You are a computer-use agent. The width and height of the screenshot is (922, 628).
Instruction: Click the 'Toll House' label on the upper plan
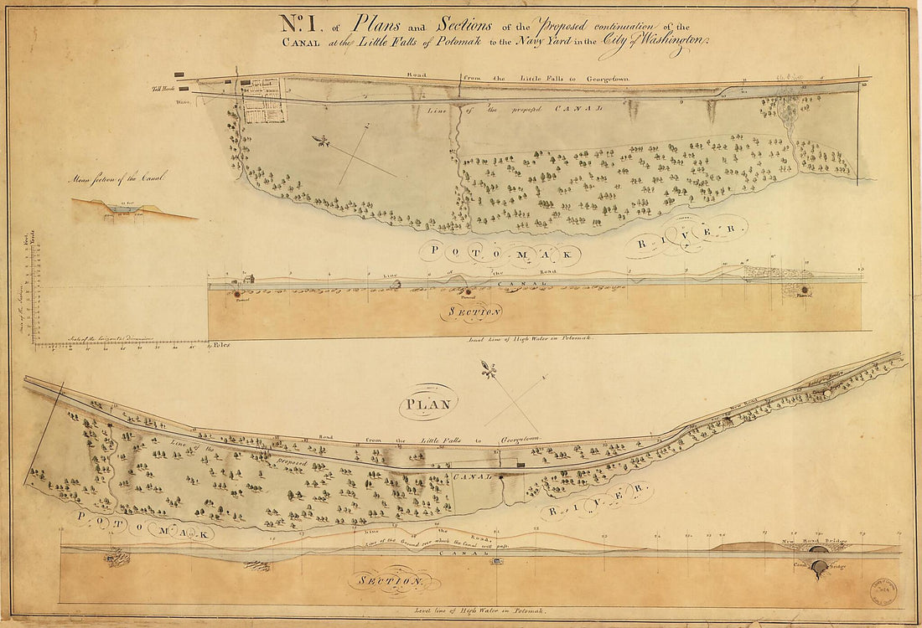[162, 88]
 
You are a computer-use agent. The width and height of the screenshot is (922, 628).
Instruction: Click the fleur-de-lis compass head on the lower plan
[488, 369]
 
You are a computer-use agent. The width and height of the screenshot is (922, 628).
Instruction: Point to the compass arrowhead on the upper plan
[319, 141]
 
